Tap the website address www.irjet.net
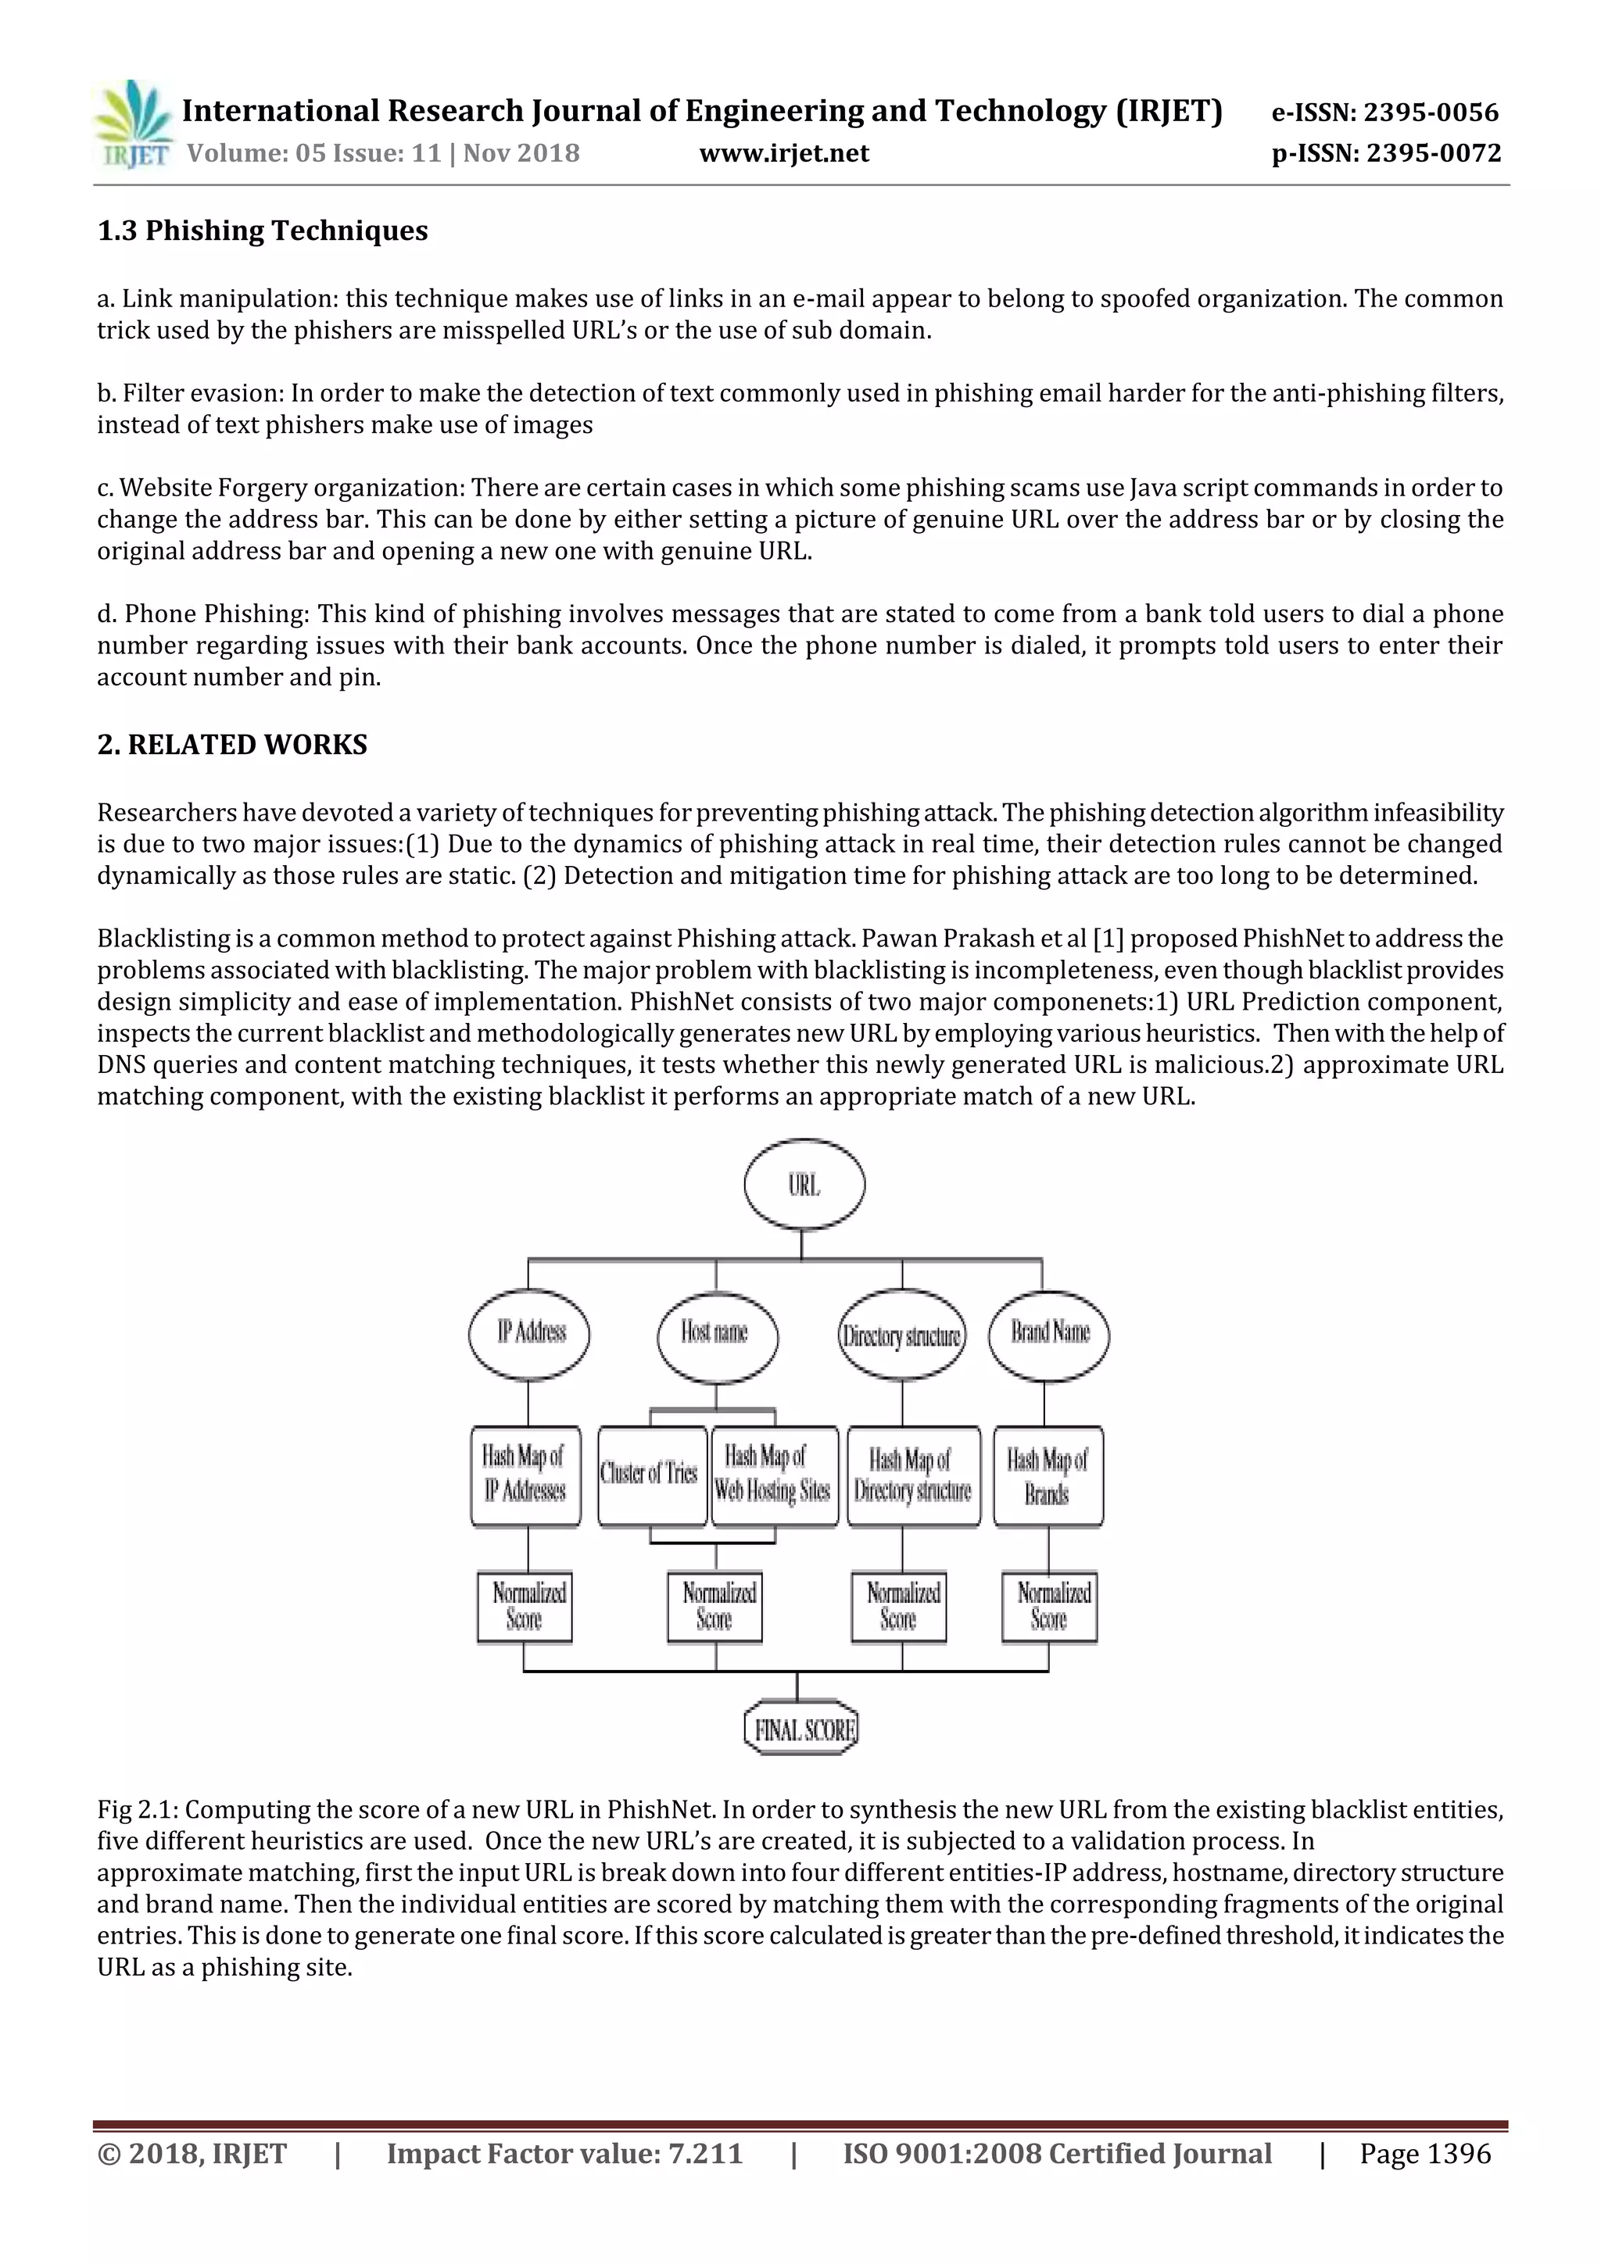(x=784, y=153)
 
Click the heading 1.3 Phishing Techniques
(x=263, y=231)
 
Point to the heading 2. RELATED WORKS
(x=232, y=745)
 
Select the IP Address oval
(x=530, y=1334)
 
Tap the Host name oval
(x=716, y=1334)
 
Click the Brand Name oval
(x=1048, y=1334)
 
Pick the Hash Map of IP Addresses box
(x=525, y=1475)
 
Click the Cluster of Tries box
(x=651, y=1475)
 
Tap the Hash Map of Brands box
(x=1048, y=1476)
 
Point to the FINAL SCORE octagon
(x=802, y=1729)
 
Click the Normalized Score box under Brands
(x=1050, y=1606)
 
